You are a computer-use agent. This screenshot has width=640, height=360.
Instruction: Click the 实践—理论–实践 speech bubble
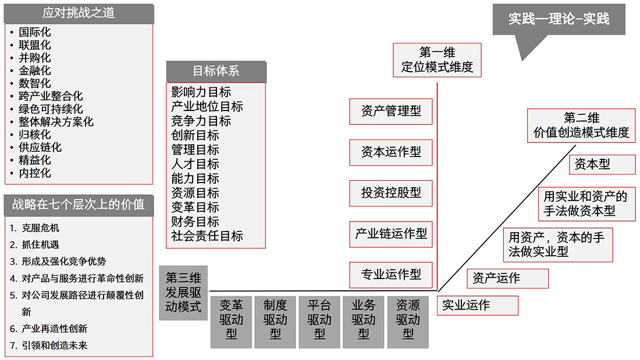coord(559,19)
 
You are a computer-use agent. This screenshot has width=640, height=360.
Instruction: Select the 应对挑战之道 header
coord(79,13)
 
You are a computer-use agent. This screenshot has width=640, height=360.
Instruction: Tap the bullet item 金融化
coord(35,70)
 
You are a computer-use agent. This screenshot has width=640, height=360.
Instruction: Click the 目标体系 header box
coord(216,72)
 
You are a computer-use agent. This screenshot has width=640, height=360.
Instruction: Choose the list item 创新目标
coord(195,136)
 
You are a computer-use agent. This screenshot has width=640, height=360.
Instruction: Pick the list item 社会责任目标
coord(207,236)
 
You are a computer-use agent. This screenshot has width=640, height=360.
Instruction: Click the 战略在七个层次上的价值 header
coord(79,205)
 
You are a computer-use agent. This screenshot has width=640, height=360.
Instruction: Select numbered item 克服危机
coord(40,228)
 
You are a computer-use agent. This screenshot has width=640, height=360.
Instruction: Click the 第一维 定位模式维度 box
coord(437,60)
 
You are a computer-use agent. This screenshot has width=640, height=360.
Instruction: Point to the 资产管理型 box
coord(391,111)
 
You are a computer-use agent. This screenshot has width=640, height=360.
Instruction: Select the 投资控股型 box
coord(391,193)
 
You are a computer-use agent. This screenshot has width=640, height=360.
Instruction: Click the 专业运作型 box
coord(391,274)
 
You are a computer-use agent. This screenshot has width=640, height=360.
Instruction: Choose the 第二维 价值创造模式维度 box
coord(581,125)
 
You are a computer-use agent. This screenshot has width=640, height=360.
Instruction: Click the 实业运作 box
coord(477,305)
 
